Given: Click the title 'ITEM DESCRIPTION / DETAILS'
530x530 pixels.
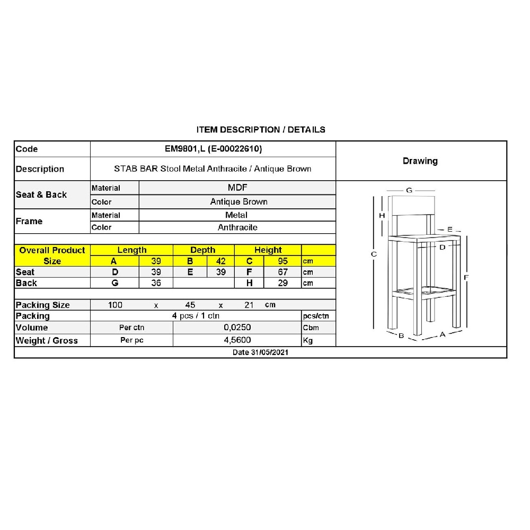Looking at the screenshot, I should (x=261, y=129).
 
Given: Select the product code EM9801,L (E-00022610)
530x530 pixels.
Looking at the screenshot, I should (x=213, y=149).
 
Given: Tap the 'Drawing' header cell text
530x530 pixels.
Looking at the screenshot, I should (x=420, y=161).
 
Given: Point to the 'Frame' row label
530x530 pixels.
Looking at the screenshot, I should (x=29, y=221).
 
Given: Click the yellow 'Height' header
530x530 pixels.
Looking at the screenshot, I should (x=268, y=250).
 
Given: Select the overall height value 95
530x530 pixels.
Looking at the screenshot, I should (x=282, y=261).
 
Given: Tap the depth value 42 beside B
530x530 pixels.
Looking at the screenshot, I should (x=221, y=261).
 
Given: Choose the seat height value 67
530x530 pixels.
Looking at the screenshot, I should (x=282, y=272).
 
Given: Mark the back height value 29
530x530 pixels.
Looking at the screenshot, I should (x=282, y=283).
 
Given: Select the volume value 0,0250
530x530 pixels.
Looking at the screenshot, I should (x=237, y=328).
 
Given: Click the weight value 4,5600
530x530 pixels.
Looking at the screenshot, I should (x=237, y=340).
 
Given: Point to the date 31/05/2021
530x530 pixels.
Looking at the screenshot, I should (x=260, y=352).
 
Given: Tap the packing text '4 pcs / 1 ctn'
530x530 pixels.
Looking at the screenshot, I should (x=196, y=316).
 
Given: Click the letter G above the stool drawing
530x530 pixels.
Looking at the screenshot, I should (x=409, y=190).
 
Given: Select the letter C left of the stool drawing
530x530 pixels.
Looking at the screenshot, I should (x=374, y=254).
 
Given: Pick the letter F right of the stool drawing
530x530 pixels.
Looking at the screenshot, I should (x=467, y=277).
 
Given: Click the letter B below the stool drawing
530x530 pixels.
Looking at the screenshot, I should (x=402, y=335).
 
